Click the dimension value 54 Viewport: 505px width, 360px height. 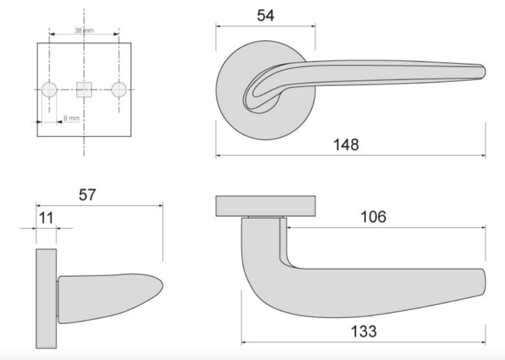coord(266,16)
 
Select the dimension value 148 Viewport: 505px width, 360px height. coord(346,145)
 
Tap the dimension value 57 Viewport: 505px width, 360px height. coord(88,195)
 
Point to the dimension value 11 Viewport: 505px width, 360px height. coord(46,218)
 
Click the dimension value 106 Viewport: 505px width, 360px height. coord(373,216)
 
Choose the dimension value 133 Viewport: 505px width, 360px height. coord(364,331)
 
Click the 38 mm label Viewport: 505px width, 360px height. coord(84,31)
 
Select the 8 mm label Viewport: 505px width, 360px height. coord(71,118)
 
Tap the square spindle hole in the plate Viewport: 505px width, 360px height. coord(84,89)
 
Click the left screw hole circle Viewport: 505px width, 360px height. coord(49,89)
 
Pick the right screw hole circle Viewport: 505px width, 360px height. coord(119,89)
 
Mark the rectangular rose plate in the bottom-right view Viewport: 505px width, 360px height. coord(266,206)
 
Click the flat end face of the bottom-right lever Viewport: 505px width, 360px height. coord(484,281)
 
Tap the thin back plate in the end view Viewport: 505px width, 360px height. coord(47,298)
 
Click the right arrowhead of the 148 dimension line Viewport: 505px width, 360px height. coord(483,156)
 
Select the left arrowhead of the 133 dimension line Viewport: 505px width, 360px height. coord(244,342)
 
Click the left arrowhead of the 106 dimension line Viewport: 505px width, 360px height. coord(289,228)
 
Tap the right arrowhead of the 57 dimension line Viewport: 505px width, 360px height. coord(160,205)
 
